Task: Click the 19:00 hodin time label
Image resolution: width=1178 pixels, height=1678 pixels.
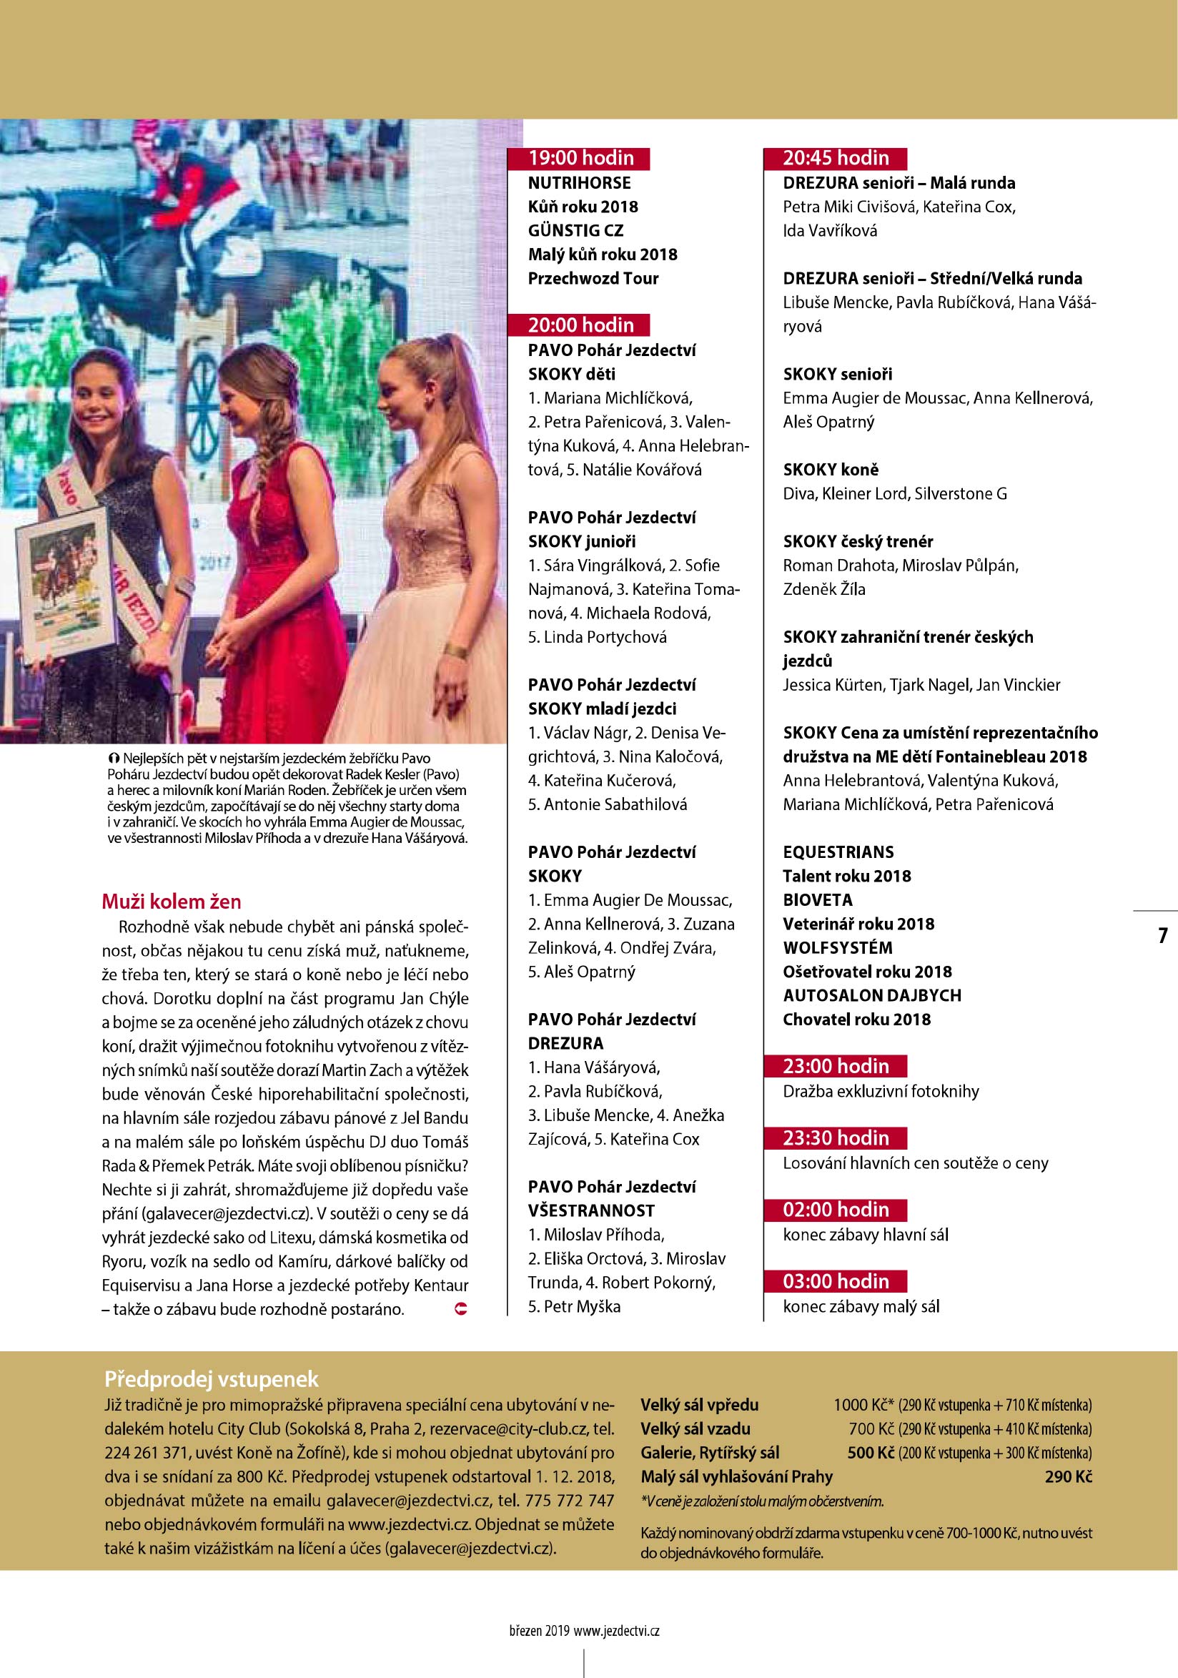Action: [x=581, y=158]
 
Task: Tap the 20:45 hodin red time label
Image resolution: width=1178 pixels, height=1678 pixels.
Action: [x=836, y=158]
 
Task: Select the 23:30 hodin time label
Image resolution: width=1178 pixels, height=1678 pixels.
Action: [x=836, y=1138]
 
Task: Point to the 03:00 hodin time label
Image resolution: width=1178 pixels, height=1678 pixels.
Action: [x=836, y=1281]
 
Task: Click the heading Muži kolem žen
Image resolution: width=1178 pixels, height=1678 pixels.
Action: [x=171, y=901]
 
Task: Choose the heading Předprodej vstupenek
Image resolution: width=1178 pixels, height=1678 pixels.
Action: [x=212, y=1378]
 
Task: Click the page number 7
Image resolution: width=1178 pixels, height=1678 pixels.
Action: [x=1163, y=935]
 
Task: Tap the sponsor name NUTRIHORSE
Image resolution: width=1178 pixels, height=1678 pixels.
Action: [x=580, y=183]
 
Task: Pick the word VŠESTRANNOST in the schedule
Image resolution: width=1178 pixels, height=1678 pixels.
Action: [x=591, y=1210]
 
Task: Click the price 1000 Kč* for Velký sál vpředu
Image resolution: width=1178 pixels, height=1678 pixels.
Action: [x=863, y=1405]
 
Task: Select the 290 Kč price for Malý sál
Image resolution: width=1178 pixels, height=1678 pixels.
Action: [x=1069, y=1476]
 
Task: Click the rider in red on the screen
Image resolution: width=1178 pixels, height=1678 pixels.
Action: [x=192, y=187]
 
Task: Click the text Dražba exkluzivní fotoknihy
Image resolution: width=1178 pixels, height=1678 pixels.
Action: [x=881, y=1091]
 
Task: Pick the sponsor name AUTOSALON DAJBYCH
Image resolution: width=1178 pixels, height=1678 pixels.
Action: [x=872, y=995]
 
